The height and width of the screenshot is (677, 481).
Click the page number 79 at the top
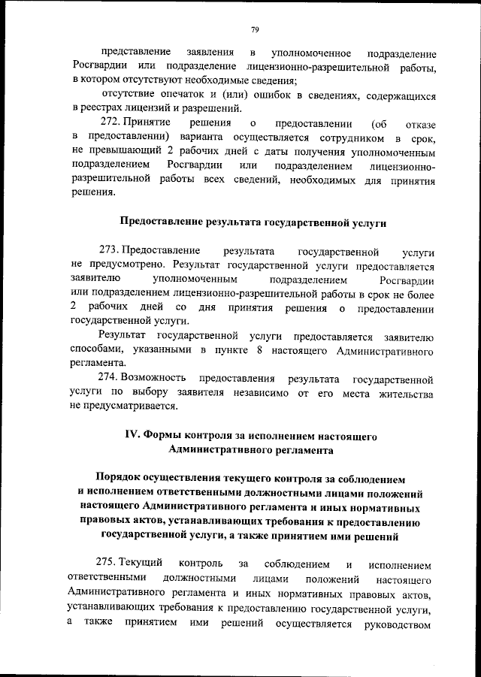(x=255, y=29)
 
